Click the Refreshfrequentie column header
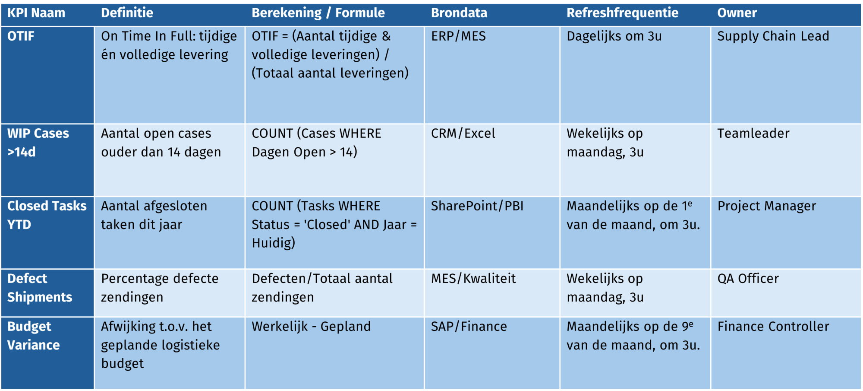click(622, 13)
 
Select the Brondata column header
click(459, 13)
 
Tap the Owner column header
click(737, 13)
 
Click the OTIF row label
click(21, 36)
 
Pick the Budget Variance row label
click(33, 336)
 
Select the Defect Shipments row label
click(39, 288)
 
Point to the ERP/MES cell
click(458, 36)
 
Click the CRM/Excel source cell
click(463, 134)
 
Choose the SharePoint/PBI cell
click(477, 206)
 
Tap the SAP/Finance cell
click(469, 327)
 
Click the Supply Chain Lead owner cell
click(773, 36)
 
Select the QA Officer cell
click(748, 279)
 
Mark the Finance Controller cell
click(773, 327)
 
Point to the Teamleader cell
click(753, 134)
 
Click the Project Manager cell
click(766, 206)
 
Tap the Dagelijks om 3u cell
click(614, 36)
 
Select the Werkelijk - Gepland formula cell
click(311, 327)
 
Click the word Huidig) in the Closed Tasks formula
click(273, 243)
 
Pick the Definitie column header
click(127, 13)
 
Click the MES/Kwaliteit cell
click(473, 279)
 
